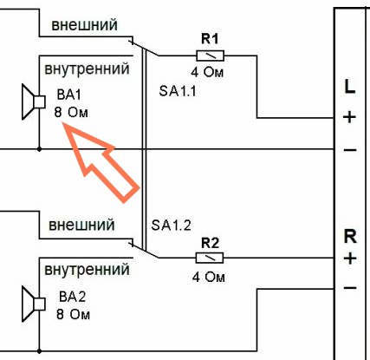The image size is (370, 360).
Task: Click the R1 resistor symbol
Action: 210,56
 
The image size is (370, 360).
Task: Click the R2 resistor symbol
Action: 210,258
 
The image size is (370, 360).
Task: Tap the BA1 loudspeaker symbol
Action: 34,101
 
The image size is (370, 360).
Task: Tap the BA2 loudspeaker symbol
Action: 34,304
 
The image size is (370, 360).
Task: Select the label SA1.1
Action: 178,91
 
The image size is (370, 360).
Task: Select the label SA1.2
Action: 171,225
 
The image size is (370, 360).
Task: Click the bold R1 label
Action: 210,39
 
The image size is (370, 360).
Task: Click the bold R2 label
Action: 210,243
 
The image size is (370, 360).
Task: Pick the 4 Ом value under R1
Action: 207,72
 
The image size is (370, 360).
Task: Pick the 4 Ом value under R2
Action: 208,277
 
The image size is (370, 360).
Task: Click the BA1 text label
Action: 69,95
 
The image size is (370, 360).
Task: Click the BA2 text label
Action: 72,297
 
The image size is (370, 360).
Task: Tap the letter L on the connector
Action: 350,86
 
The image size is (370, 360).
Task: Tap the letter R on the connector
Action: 350,237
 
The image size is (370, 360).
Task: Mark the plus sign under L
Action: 349,117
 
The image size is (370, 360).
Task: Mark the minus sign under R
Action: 350,288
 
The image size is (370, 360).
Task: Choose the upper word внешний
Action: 84,25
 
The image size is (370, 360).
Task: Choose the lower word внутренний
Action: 87,270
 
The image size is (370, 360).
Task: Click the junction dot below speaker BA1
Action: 39,149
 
